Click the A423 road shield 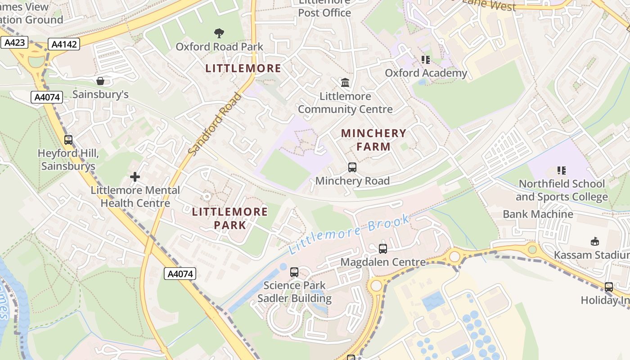click(14, 43)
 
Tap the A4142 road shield click(65, 44)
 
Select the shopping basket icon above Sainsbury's click(100, 81)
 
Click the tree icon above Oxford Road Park click(219, 33)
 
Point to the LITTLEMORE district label click(243, 68)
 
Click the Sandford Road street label click(215, 124)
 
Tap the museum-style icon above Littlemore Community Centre click(345, 82)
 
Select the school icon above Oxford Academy click(426, 59)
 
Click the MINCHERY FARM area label click(373, 140)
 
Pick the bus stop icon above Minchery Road click(352, 167)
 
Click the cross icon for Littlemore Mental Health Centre click(135, 177)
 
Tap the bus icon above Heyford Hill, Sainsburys click(68, 140)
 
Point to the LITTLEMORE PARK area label click(230, 218)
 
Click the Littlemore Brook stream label click(349, 234)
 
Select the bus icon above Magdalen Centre click(383, 248)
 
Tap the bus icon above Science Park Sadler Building click(294, 272)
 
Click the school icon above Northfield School click(561, 171)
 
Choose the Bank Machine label click(538, 214)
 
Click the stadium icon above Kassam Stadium click(595, 242)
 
